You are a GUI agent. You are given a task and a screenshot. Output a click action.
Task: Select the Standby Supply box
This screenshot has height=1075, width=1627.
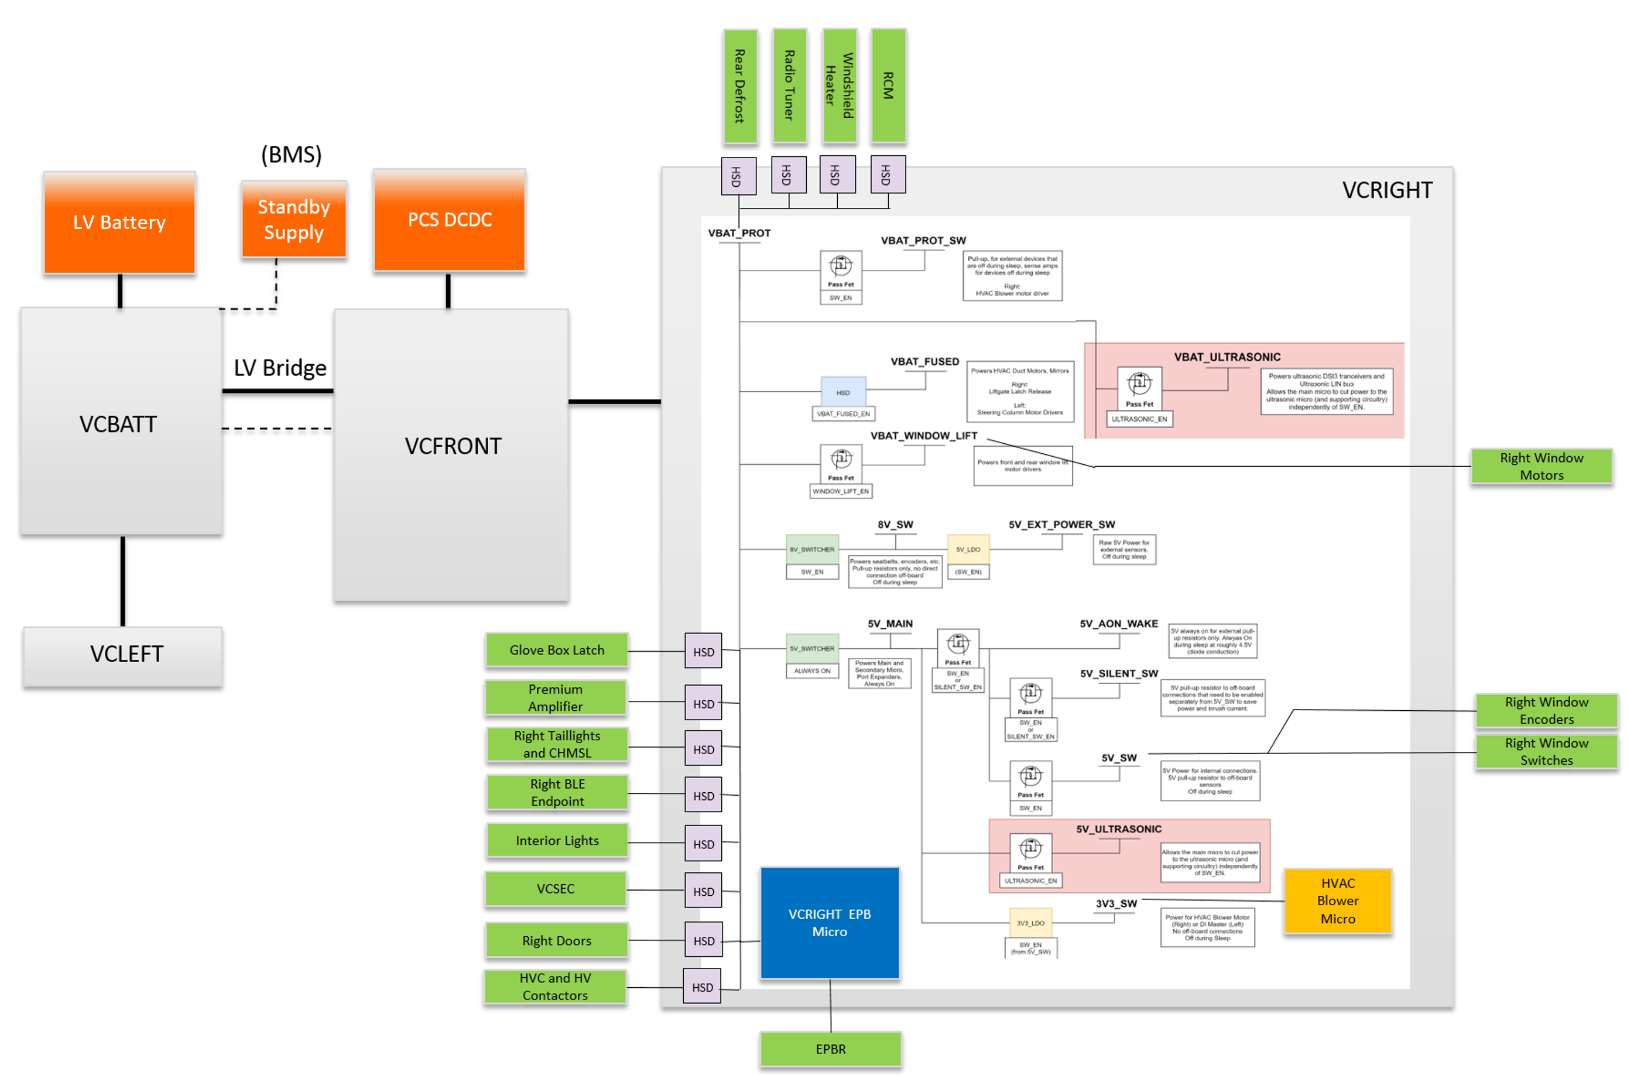coord(293,220)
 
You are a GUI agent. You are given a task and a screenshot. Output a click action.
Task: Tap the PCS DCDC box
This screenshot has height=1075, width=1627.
coord(450,220)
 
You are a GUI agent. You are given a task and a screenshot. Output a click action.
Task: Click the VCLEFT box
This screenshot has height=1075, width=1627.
coord(124,655)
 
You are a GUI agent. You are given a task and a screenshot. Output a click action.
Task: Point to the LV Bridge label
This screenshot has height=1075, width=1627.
coord(280,368)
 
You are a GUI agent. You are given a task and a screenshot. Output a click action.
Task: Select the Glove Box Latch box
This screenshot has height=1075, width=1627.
coord(557,650)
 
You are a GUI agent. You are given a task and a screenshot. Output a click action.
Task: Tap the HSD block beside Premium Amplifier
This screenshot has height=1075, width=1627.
coord(703,703)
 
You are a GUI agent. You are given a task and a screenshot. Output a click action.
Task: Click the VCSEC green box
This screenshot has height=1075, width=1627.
coord(555,889)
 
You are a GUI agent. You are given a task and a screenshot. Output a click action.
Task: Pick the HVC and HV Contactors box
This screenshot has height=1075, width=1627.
coord(555,987)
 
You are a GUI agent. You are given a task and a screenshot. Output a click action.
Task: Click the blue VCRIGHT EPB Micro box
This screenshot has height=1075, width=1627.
coord(829,923)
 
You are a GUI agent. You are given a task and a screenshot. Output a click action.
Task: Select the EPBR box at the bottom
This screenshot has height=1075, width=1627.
coord(830,1050)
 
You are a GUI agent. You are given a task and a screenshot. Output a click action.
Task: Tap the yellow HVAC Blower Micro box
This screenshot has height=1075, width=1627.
coord(1337,901)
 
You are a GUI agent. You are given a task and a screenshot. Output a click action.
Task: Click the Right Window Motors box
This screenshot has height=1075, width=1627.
coord(1542,466)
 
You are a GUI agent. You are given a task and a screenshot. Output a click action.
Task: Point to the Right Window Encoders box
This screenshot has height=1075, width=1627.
coord(1546,710)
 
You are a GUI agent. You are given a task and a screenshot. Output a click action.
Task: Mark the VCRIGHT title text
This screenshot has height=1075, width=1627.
coord(1386,190)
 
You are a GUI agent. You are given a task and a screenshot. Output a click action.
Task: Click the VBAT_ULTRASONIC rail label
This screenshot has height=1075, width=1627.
coord(1227,357)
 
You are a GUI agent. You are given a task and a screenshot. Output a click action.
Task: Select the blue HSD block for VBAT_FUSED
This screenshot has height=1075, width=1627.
coord(843,392)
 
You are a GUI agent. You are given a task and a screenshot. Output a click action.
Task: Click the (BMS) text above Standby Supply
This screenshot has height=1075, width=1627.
coord(292,155)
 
